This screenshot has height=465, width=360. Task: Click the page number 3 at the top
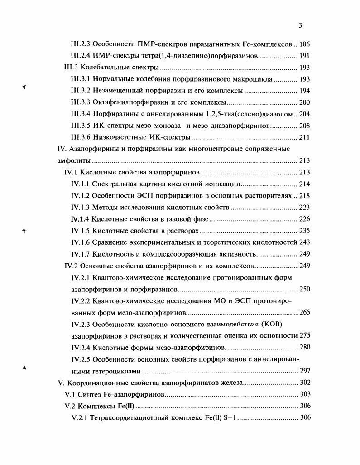pos(300,26)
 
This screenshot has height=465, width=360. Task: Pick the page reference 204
pos(305,114)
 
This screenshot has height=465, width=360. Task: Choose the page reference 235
pos(305,231)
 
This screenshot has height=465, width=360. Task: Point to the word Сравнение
pos(109,242)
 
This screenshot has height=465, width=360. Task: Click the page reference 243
pos(305,242)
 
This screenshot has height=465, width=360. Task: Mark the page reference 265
pos(305,312)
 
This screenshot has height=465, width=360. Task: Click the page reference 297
pos(305,371)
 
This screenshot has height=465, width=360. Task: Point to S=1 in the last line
pos(228,417)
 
